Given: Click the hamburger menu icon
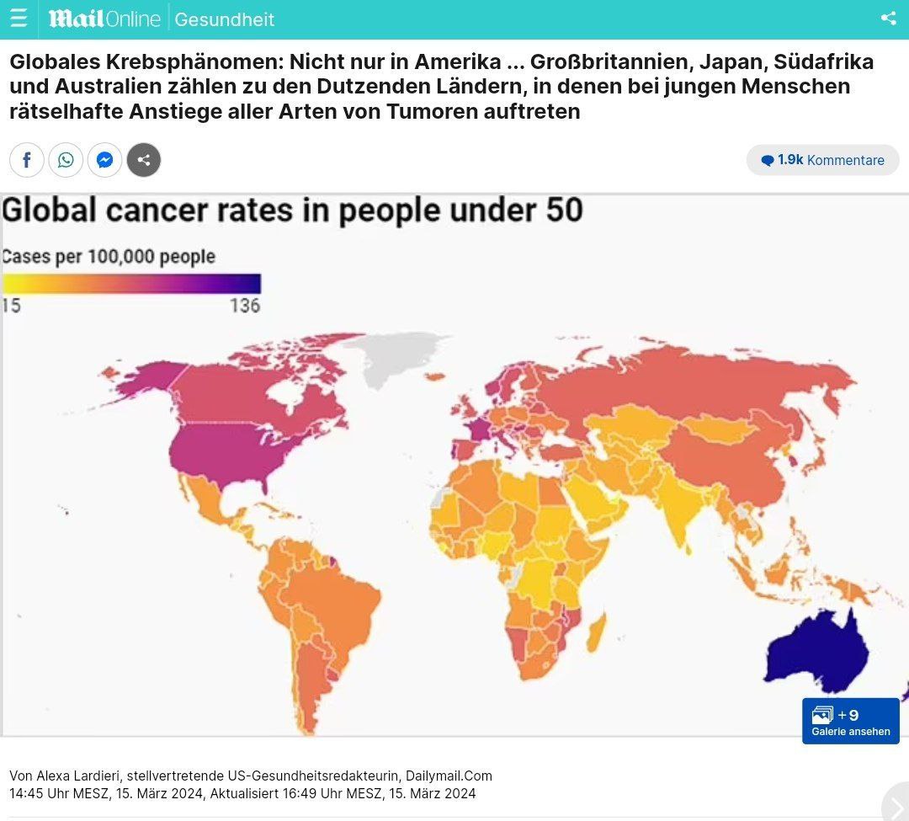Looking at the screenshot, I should (19, 18).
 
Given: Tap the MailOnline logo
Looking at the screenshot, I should (104, 19).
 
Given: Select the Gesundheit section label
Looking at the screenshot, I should (224, 19).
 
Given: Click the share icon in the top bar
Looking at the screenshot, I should (888, 18).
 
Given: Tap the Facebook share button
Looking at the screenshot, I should (27, 160).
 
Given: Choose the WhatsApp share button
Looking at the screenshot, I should (66, 160).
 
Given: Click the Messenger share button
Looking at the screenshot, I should (105, 160).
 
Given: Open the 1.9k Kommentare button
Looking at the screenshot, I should (822, 160).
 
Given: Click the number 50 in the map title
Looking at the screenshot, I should (562, 211).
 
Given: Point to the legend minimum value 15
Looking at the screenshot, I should (11, 306).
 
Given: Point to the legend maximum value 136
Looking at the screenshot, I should (245, 306).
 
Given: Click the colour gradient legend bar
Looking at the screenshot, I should (131, 284).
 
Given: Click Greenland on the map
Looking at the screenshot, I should (396, 354).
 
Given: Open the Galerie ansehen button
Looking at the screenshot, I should (850, 722).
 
